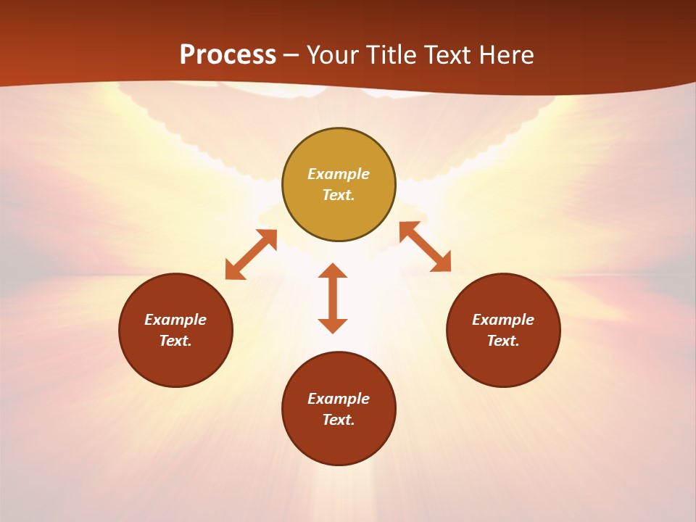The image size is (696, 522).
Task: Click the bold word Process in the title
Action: (x=228, y=55)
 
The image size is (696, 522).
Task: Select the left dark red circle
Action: (x=175, y=362)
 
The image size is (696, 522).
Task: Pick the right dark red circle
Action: (x=503, y=362)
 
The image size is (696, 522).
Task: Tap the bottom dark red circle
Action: (x=339, y=442)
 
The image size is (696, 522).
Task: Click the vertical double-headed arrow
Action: (x=333, y=298)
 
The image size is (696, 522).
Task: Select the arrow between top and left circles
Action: (x=251, y=254)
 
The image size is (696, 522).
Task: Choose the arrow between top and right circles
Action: (x=425, y=246)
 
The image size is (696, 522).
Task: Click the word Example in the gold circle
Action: (x=339, y=174)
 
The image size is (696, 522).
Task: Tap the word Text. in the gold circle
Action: (x=339, y=195)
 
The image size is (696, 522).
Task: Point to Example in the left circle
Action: (x=175, y=320)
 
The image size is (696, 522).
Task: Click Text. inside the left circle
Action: (x=175, y=341)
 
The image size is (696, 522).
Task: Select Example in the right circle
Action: (x=503, y=320)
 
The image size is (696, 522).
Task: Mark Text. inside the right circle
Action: (x=503, y=341)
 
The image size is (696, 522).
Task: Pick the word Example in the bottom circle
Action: (x=339, y=399)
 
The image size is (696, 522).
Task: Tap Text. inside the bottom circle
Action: (x=339, y=420)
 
